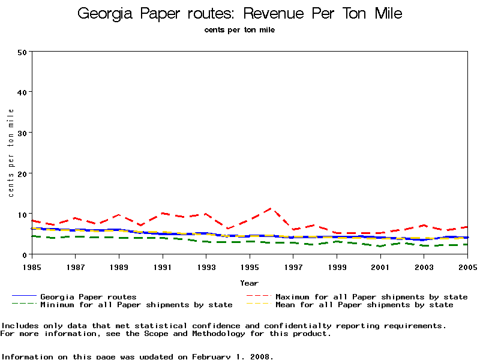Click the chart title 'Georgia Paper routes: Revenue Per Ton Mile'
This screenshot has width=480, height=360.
(240, 14)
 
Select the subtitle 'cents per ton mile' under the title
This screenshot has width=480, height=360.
(240, 29)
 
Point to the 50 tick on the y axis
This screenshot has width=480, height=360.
(22, 52)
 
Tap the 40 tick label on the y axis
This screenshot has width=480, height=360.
(22, 92)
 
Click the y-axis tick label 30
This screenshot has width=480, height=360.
(22, 133)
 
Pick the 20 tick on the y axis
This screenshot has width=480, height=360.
(22, 173)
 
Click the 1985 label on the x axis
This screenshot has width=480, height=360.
(32, 265)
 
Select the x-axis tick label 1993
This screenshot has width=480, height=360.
(206, 265)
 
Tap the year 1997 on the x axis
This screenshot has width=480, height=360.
(293, 265)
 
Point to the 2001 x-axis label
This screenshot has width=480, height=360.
(380, 265)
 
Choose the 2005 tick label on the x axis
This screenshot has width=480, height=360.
(467, 265)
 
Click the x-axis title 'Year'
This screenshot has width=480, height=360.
(249, 283)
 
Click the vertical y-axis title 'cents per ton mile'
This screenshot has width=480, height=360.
(11, 152)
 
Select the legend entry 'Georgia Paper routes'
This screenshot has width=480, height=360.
(88, 297)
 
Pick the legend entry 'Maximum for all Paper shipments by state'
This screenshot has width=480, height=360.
(371, 297)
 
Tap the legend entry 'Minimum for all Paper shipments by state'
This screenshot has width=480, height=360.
(136, 305)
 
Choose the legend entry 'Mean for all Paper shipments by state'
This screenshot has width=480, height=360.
(364, 305)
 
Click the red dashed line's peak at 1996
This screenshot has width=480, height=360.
(271, 209)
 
